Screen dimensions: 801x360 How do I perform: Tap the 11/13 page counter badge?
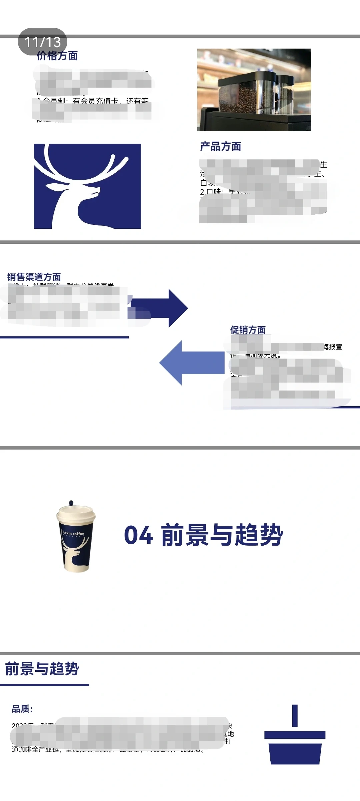42,42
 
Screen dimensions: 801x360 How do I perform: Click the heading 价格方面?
57,56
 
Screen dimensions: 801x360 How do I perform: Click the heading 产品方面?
220,146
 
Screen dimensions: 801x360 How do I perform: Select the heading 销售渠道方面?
34,277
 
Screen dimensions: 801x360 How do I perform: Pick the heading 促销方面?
248,330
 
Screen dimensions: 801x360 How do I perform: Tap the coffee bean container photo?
254,90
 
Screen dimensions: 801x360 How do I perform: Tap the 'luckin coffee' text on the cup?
73,533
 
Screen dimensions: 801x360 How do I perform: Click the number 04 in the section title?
138,535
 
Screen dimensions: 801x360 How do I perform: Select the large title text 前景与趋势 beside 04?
222,535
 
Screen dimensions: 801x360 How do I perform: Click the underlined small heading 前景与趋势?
42,668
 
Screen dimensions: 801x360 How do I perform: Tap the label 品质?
22,709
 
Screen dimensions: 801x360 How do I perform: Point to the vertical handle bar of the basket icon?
295,715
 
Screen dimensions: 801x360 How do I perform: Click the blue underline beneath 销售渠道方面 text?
64,337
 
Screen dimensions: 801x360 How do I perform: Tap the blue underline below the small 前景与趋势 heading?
45,685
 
